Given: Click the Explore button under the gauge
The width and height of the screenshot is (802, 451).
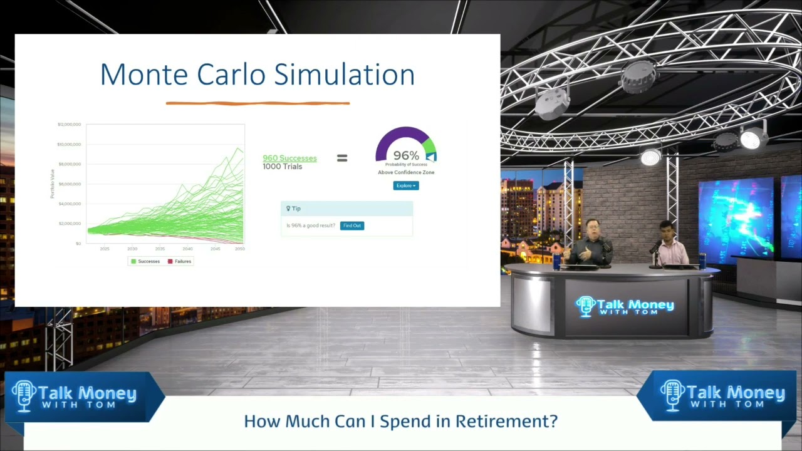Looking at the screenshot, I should [405, 185].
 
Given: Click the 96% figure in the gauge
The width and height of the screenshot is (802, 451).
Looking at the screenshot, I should [406, 155].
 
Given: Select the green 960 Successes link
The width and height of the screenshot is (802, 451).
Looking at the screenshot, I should [289, 158].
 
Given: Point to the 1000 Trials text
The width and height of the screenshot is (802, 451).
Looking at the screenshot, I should [282, 167].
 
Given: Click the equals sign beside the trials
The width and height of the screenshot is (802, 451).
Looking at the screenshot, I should [342, 158].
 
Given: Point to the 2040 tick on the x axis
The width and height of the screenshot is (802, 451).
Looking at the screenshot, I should [187, 249].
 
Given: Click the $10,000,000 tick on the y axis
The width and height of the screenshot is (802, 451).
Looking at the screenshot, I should [69, 144].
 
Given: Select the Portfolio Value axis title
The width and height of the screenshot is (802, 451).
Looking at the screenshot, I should [53, 184].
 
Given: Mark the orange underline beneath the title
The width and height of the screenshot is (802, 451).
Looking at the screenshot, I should [258, 103].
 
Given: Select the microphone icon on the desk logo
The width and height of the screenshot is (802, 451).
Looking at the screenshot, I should [585, 306].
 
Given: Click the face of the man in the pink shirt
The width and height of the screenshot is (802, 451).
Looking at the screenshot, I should [666, 229].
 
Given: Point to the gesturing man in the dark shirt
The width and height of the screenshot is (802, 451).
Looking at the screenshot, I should [589, 244].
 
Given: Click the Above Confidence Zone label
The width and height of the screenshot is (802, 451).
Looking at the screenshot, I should [406, 172].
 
